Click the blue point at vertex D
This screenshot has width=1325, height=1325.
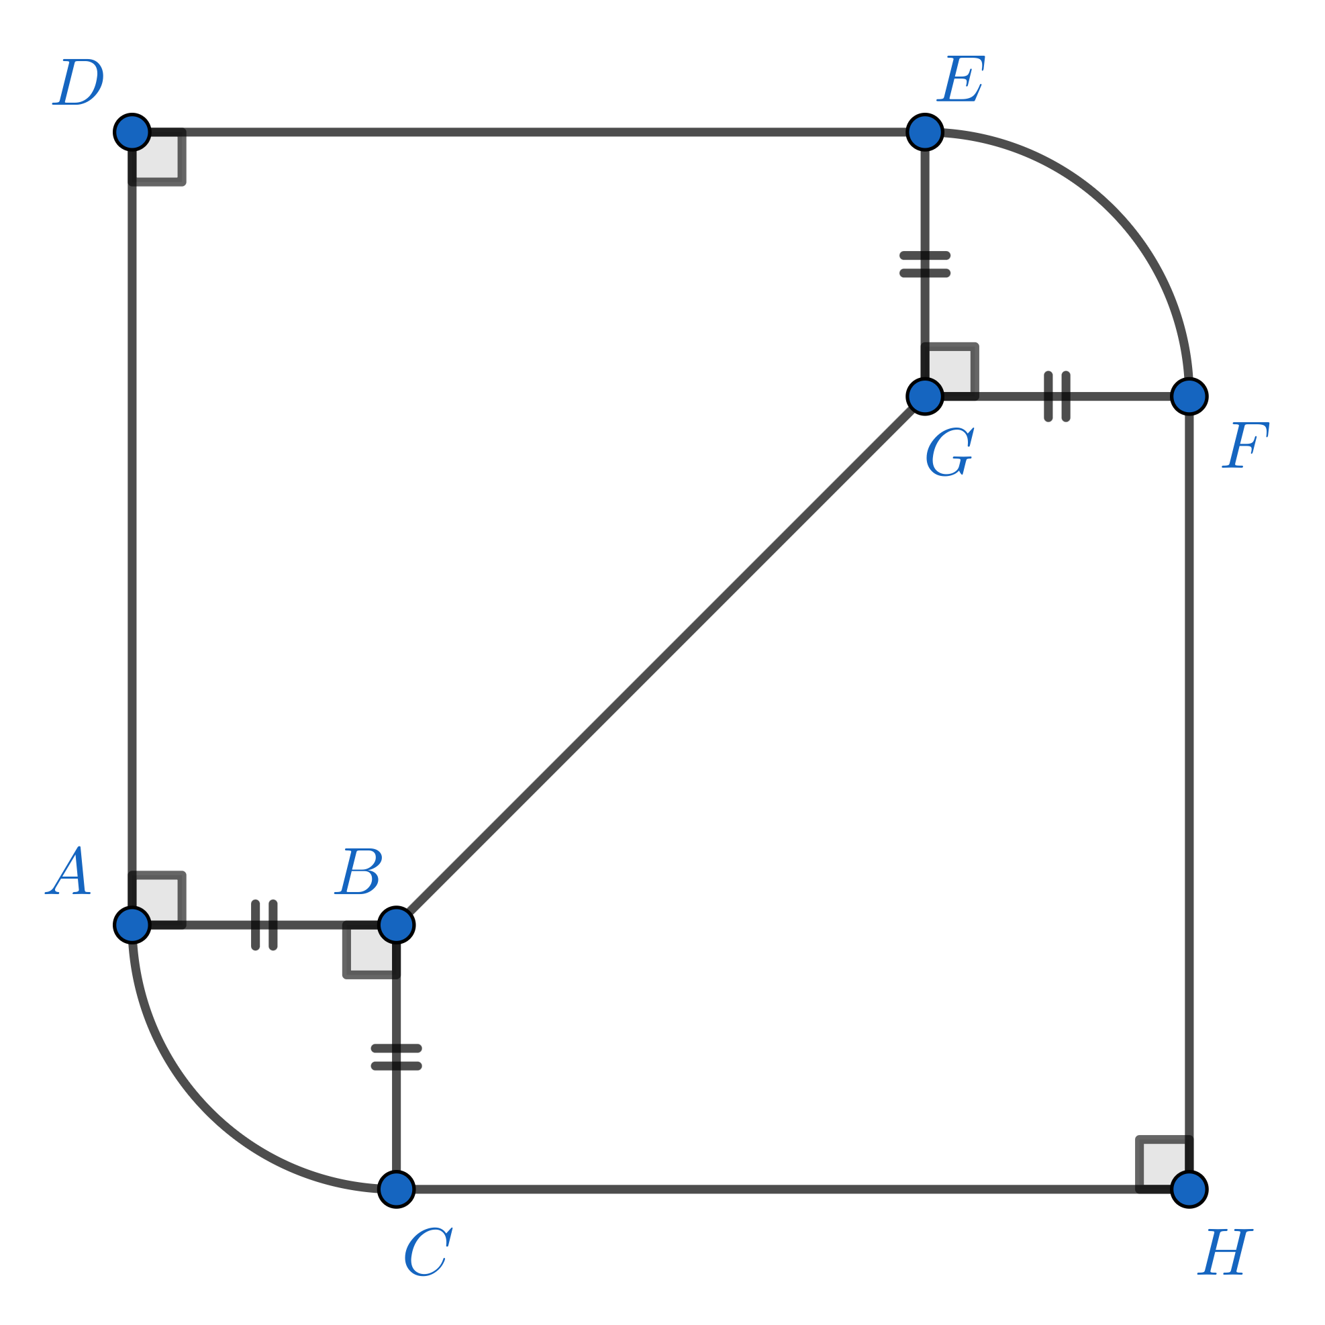[x=132, y=132]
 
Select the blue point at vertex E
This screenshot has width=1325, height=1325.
[x=924, y=132]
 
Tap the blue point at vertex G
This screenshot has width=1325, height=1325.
[x=924, y=397]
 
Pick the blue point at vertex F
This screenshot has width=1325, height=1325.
[x=1189, y=397]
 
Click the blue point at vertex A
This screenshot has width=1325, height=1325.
[x=132, y=925]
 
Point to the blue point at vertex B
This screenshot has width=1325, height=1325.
[x=397, y=925]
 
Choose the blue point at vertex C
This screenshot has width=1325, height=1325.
[x=397, y=1189]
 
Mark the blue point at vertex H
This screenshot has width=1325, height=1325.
[x=1189, y=1189]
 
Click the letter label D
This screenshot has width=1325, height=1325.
[x=78, y=83]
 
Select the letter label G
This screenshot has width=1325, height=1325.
[x=950, y=451]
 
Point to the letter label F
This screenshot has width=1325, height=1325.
[x=1245, y=445]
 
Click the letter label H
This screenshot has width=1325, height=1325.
[x=1226, y=1253]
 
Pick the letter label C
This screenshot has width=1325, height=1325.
[x=428, y=1252]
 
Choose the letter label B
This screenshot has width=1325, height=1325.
[x=358, y=871]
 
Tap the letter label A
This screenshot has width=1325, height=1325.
[x=68, y=871]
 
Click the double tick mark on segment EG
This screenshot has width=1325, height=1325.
[x=924, y=264]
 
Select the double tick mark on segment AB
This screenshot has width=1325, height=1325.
[x=264, y=925]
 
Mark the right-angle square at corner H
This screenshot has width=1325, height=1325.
[x=1165, y=1165]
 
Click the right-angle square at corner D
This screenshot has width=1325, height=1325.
[x=157, y=157]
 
